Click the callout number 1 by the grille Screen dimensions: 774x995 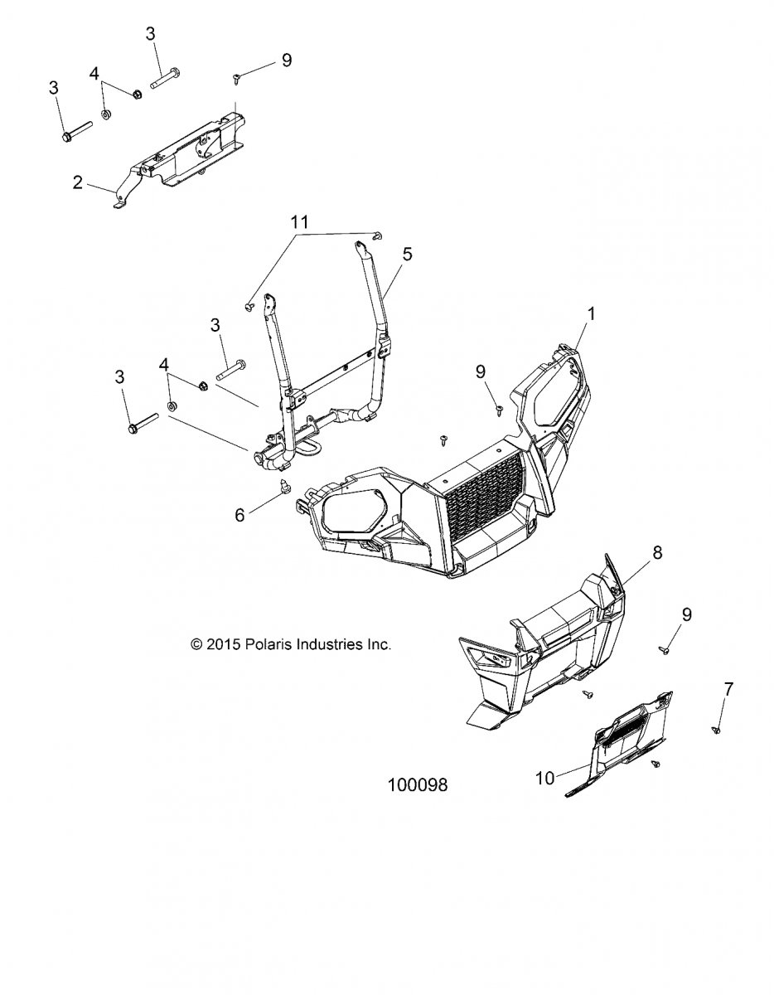pyautogui.click(x=592, y=314)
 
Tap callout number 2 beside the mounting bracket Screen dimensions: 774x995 pyautogui.click(x=78, y=182)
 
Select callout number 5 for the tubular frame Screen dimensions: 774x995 pyautogui.click(x=407, y=254)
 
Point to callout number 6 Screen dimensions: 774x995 pyautogui.click(x=239, y=515)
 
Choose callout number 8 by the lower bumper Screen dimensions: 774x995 pyautogui.click(x=657, y=553)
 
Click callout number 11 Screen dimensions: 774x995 pyautogui.click(x=299, y=222)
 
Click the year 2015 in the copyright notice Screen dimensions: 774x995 pyautogui.click(x=223, y=645)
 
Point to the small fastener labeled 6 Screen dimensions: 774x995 pyautogui.click(x=284, y=488)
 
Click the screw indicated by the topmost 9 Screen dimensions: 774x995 pyautogui.click(x=237, y=79)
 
